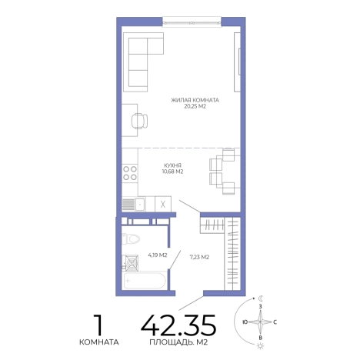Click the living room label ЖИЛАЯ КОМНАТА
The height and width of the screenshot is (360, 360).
click(x=195, y=100)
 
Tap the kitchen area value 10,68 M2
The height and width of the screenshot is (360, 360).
click(x=172, y=172)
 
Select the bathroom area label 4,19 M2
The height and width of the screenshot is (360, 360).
click(x=158, y=255)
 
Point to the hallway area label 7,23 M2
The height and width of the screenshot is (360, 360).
click(x=199, y=257)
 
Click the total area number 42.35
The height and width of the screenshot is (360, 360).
click(x=178, y=325)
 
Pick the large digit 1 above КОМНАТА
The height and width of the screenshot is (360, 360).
click(x=98, y=325)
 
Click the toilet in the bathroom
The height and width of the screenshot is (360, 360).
click(x=131, y=239)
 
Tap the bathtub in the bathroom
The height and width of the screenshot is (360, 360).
click(x=145, y=281)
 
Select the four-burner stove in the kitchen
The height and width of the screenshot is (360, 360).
click(x=130, y=173)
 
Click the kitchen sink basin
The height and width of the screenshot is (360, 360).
click(x=140, y=205)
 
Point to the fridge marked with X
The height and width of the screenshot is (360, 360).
click(x=163, y=204)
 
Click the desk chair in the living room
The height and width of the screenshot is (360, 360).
click(x=139, y=121)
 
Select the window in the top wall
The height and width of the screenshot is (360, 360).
click(x=192, y=22)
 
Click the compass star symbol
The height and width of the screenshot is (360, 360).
click(x=260, y=322)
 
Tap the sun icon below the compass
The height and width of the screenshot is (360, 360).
click(x=261, y=346)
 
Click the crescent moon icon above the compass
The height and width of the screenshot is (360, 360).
click(x=261, y=298)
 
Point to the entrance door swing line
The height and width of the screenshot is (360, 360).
click(x=191, y=303)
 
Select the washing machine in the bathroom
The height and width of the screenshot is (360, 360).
click(x=132, y=263)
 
